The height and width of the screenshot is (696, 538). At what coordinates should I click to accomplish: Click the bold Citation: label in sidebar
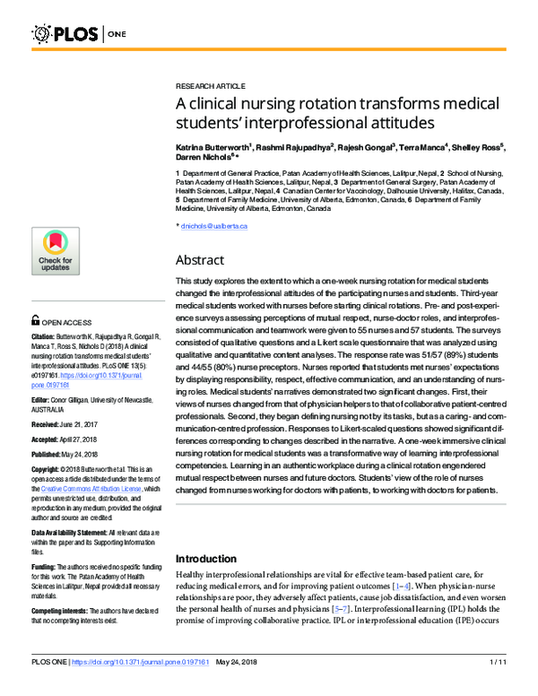pos(45,337)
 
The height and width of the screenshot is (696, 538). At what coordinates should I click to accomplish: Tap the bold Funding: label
pos(44,568)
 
